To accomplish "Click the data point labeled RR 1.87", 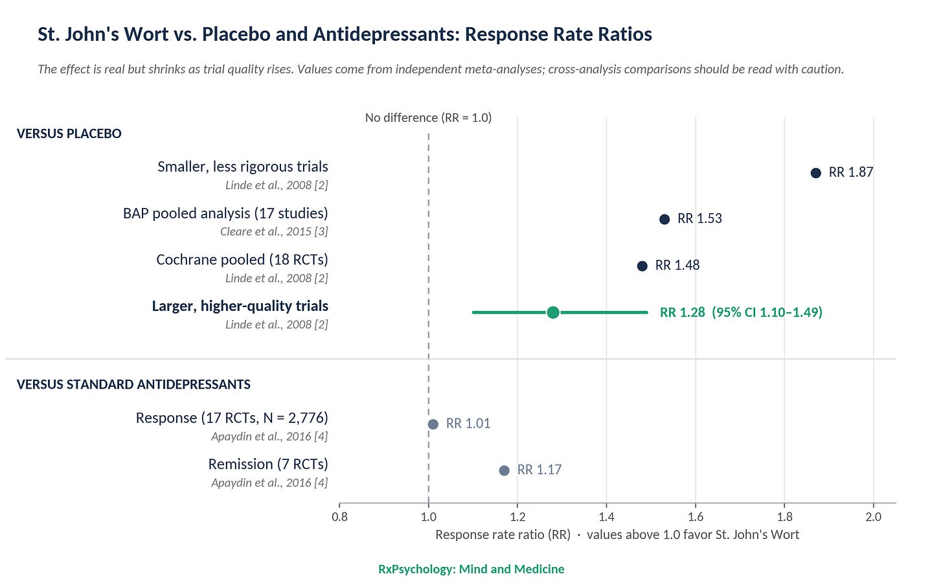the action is pyautogui.click(x=815, y=173).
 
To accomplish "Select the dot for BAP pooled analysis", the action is pyautogui.click(x=665, y=220).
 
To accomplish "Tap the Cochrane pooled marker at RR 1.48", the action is pyautogui.click(x=642, y=266).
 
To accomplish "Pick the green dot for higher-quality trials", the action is pyautogui.click(x=553, y=312).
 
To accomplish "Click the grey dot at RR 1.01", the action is pyautogui.click(x=433, y=424).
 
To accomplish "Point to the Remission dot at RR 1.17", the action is pyautogui.click(x=504, y=470).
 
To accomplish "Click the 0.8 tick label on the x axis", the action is pyautogui.click(x=340, y=517).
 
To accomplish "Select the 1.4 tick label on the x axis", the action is pyautogui.click(x=607, y=517).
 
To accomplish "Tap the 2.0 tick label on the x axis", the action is pyautogui.click(x=874, y=517).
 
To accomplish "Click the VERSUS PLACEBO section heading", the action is pyautogui.click(x=69, y=133).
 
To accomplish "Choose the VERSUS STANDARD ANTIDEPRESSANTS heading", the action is pyautogui.click(x=133, y=385).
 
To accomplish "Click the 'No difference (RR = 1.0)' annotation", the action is pyautogui.click(x=428, y=117).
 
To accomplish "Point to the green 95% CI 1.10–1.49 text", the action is pyautogui.click(x=767, y=312).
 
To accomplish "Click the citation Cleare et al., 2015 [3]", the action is pyautogui.click(x=274, y=232).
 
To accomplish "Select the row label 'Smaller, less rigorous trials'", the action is pyautogui.click(x=243, y=166).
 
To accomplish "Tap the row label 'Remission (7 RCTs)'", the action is pyautogui.click(x=268, y=464).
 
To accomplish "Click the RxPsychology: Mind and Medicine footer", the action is pyautogui.click(x=471, y=569).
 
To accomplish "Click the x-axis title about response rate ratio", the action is pyautogui.click(x=617, y=534).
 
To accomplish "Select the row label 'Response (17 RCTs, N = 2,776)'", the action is pyautogui.click(x=232, y=418).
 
